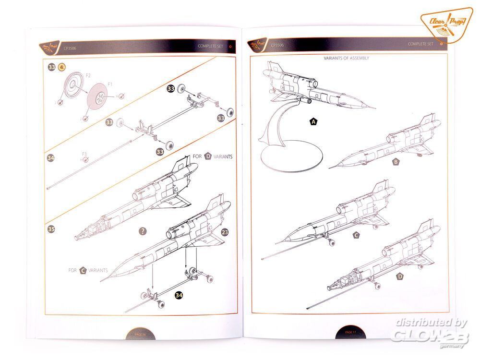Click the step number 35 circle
click(x=51, y=229)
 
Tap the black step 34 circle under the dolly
click(x=179, y=295)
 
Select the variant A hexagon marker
click(x=313, y=122)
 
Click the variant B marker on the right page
click(x=396, y=162)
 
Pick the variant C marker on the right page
click(x=356, y=235)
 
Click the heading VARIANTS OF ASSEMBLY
click(x=347, y=58)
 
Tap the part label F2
click(x=88, y=76)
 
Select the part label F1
click(x=110, y=84)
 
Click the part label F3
click(x=84, y=154)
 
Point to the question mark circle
click(x=143, y=231)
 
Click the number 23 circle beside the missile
click(x=225, y=231)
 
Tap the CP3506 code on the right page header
click(x=277, y=44)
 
